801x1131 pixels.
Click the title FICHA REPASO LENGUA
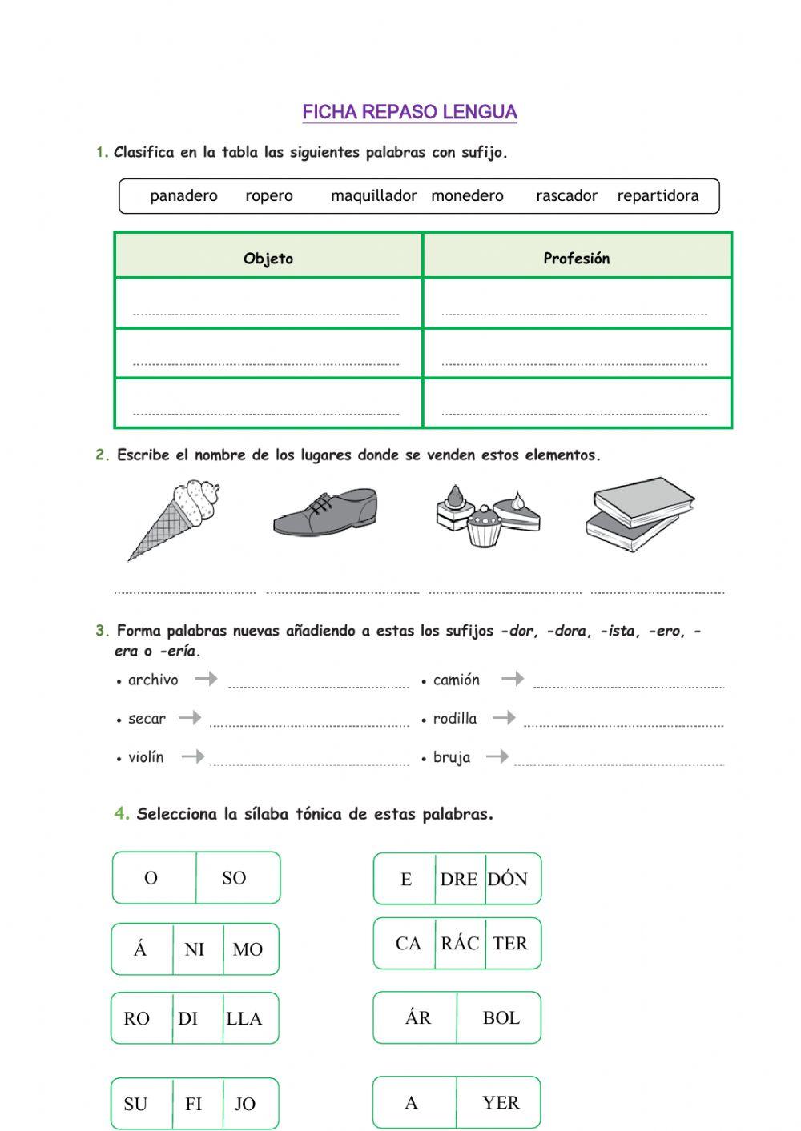pos(409,112)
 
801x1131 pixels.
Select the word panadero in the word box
pos(183,196)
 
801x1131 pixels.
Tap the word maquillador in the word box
pos(373,196)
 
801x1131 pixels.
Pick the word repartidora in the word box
pos(658,196)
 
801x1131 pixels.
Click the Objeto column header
pos(268,259)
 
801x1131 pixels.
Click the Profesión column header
pos(577,259)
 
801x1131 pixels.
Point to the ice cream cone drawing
pos(175,518)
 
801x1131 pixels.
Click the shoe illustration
pos(325,512)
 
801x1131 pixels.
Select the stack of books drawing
pos(640,515)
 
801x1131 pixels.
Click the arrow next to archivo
pos(207,679)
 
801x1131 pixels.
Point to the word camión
pos(457,680)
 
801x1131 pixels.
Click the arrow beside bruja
pos(497,756)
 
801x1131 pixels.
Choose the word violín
pos(146,757)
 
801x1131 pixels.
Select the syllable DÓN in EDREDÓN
pos(508,879)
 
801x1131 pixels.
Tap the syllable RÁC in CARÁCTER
pos(460,944)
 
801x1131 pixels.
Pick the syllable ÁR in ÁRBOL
pos(418,1018)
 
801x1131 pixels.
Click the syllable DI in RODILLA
pos(188,1019)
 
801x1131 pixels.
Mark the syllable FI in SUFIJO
pos(194,1105)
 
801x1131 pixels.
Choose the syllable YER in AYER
pos(501,1103)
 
